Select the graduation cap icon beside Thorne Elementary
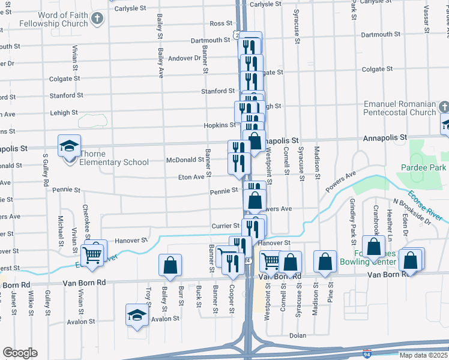(x=69, y=146)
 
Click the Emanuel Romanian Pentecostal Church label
(x=399, y=108)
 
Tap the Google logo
(x=20, y=353)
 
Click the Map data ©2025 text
(x=423, y=355)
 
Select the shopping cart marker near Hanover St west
(x=93, y=254)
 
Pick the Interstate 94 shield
(x=367, y=355)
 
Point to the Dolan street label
(x=298, y=336)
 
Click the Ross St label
(x=220, y=24)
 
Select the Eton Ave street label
(x=191, y=178)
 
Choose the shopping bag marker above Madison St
(x=325, y=262)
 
